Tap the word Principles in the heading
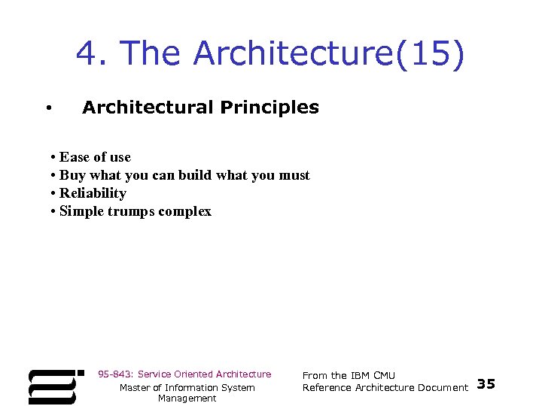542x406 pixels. point(269,108)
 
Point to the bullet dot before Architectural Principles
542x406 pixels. point(47,109)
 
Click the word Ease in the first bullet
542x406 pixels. point(74,157)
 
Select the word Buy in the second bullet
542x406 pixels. point(72,175)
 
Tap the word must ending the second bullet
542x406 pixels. point(294,175)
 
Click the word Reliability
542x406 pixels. point(93,193)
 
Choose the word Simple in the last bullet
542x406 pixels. point(81,211)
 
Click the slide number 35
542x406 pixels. point(486,385)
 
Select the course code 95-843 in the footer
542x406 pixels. point(115,374)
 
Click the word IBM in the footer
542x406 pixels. point(361,376)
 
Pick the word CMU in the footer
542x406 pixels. point(384,376)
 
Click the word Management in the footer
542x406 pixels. point(187,398)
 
